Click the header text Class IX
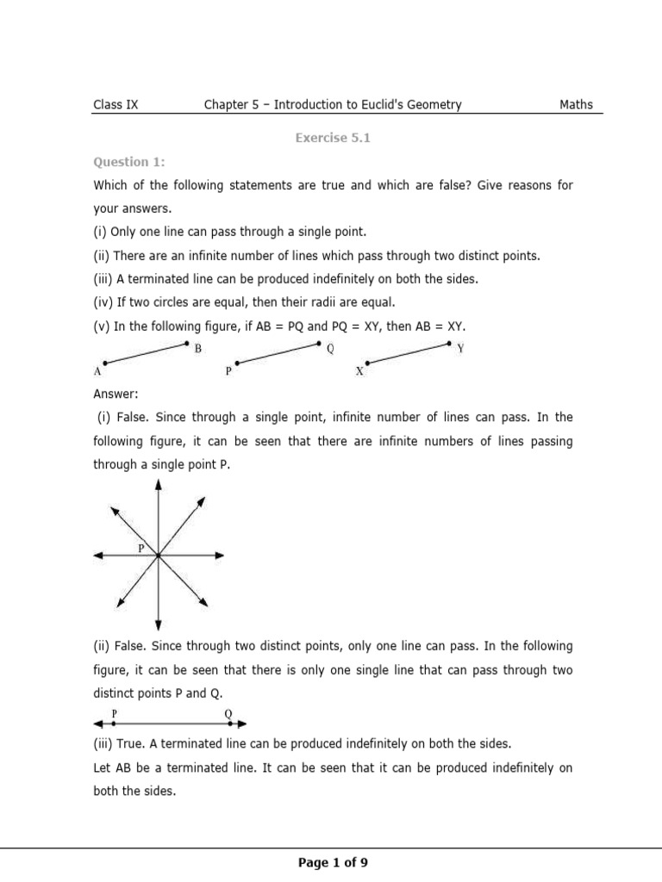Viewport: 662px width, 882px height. tap(116, 105)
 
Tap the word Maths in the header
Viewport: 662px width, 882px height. tap(576, 105)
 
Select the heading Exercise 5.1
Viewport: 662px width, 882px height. tap(332, 138)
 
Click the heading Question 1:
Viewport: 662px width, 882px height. tap(128, 162)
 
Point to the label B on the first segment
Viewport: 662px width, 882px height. tap(198, 349)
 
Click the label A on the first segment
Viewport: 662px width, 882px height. tap(97, 372)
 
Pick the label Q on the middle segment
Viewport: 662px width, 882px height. tap(331, 349)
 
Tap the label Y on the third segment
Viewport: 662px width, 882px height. tap(460, 349)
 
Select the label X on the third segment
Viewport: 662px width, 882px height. tap(359, 372)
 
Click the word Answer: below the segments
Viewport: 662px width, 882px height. tap(116, 394)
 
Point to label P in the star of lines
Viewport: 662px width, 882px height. tap(141, 548)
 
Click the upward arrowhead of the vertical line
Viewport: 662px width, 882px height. tap(158, 486)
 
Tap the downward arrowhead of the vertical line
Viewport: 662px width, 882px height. tap(158, 625)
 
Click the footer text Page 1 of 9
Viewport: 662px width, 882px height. tap(333, 862)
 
